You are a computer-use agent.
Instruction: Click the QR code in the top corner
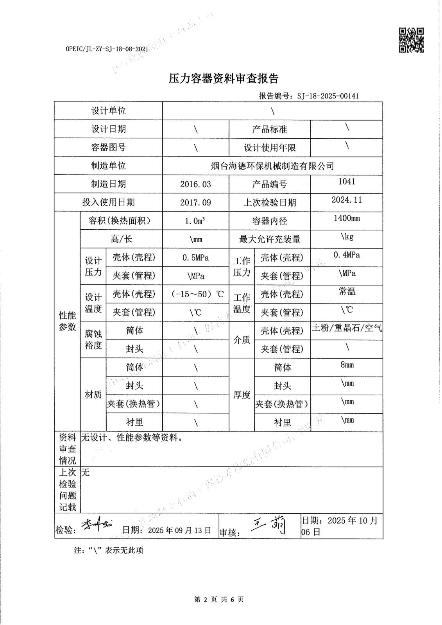[x=411, y=40]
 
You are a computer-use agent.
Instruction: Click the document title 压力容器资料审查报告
[x=223, y=79]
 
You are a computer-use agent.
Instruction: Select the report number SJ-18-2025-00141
[x=328, y=96]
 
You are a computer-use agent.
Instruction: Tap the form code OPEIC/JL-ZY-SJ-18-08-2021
[x=107, y=49]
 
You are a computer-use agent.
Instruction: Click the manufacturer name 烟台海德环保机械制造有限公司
[x=272, y=166]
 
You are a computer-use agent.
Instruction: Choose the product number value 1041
[x=347, y=182]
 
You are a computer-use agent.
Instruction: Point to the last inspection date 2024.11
[x=347, y=200]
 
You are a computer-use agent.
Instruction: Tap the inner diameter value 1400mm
[x=347, y=218]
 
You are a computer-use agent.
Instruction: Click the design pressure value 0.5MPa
[x=195, y=258]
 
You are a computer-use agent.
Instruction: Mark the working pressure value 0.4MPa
[x=347, y=255]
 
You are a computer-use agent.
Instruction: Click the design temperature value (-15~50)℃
[x=197, y=294]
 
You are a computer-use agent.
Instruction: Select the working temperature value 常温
[x=347, y=292]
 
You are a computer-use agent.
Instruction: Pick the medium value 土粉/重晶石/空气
[x=347, y=328]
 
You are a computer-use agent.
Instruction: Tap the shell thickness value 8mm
[x=347, y=365]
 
